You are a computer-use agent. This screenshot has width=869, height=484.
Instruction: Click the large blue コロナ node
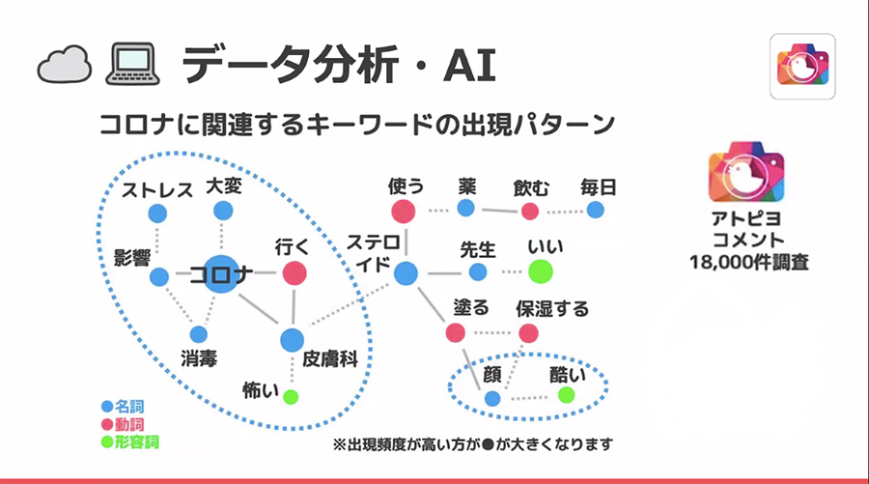tap(222, 273)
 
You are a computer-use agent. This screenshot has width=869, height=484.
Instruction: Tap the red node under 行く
tap(294, 273)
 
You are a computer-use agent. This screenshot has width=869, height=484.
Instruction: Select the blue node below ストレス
tap(157, 214)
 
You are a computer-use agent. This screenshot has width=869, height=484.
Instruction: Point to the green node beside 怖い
tap(291, 396)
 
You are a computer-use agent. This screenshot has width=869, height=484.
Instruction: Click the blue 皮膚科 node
tap(292, 340)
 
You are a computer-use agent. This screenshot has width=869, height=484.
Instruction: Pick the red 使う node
tap(403, 212)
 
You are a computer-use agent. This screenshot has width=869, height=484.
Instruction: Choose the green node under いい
tap(541, 271)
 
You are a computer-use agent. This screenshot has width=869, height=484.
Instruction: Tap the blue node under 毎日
tap(595, 211)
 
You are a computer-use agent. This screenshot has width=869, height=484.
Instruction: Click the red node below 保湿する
tap(528, 333)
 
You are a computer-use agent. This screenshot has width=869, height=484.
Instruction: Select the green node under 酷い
tap(566, 395)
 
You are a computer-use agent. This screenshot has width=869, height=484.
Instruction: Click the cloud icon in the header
tap(65, 65)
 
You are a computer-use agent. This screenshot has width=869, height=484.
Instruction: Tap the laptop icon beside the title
tap(132, 65)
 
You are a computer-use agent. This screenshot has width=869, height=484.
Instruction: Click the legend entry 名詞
tap(123, 407)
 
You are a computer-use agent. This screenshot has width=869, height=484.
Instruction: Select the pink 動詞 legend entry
tap(123, 425)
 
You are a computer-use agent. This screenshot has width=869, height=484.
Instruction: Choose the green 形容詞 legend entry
tap(130, 441)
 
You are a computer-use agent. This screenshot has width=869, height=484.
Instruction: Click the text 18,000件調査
tap(748, 262)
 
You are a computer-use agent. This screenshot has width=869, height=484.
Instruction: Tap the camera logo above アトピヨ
tap(746, 172)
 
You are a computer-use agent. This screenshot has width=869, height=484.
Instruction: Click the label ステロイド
tap(373, 253)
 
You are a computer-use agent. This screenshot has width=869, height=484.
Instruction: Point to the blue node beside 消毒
tap(198, 334)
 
